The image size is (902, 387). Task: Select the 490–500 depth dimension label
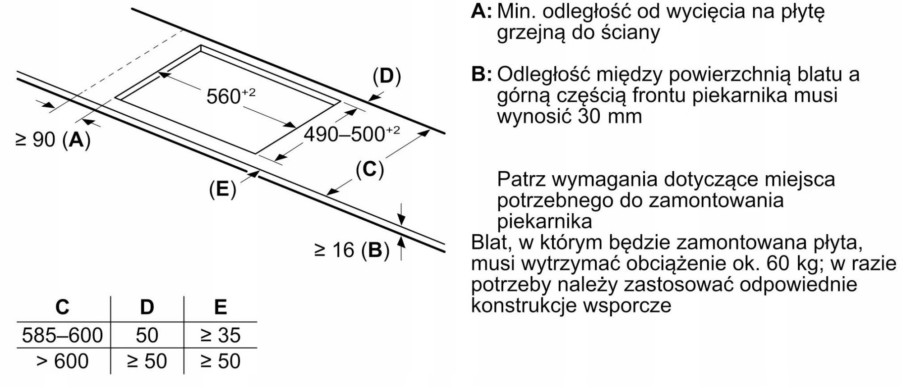tap(351, 134)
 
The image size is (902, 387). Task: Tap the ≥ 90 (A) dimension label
tap(53, 140)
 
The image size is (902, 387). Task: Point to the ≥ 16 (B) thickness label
tap(352, 250)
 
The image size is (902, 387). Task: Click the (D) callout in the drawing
tap(387, 77)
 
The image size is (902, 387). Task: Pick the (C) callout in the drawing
tap(369, 170)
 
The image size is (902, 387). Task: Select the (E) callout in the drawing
tap(222, 189)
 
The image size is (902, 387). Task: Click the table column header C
tap(62, 307)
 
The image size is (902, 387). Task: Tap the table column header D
tap(147, 307)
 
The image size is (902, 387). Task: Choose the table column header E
tap(220, 307)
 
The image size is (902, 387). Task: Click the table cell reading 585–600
tap(62, 335)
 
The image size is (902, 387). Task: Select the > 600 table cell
tap(62, 361)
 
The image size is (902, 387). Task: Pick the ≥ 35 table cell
tap(220, 335)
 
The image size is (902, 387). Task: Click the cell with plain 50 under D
tap(147, 335)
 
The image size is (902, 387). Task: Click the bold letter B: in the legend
tap(481, 74)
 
